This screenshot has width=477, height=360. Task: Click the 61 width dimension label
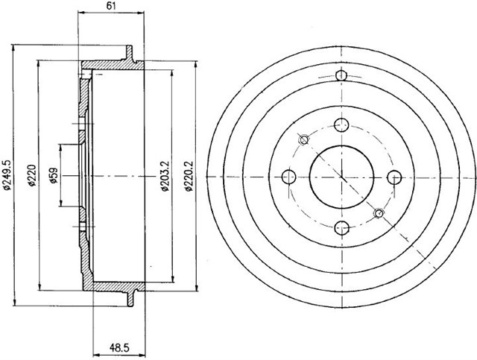coord(111,5)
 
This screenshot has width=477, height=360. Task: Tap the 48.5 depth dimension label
coord(119,347)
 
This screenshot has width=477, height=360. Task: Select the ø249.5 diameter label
coord(6,175)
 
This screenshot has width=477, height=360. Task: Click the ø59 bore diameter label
coord(54,176)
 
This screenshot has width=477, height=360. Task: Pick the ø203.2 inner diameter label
coord(165,176)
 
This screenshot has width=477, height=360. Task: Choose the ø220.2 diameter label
coord(189,176)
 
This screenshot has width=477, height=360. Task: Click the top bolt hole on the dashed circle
coord(341,125)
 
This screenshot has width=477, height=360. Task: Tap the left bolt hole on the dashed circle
coord(289,177)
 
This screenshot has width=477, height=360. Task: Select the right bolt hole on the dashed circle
coord(394,177)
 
